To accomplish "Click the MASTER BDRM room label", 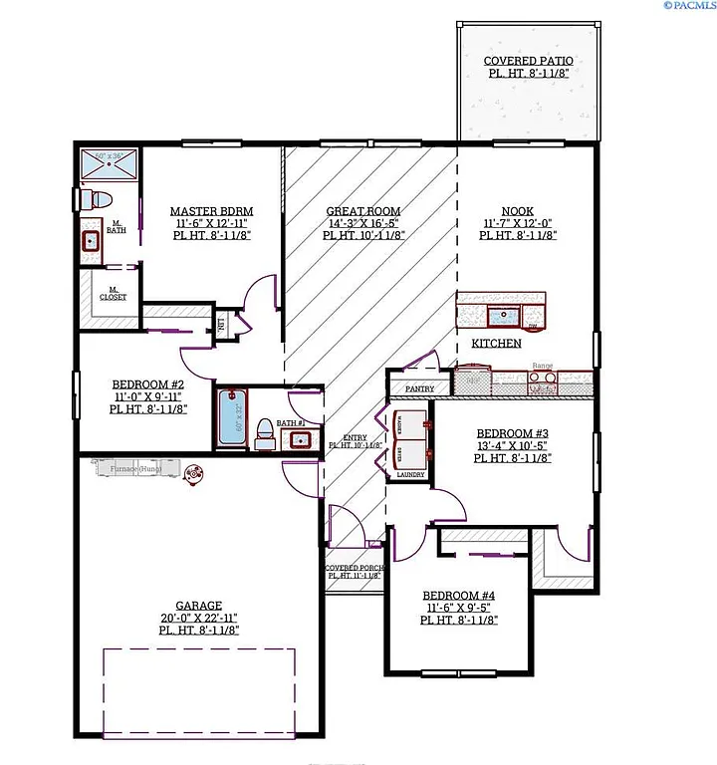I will [x=211, y=211].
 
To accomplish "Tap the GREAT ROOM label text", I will [x=363, y=211].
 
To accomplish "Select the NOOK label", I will [x=517, y=211].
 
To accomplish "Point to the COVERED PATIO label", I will [x=528, y=61].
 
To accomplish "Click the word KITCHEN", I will [x=496, y=343].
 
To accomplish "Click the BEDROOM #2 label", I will [x=148, y=383].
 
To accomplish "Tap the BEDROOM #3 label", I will [x=513, y=433].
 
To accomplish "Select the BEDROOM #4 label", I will [x=460, y=595].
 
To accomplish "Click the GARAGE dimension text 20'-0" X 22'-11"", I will [x=198, y=618].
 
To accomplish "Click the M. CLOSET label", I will [x=112, y=295].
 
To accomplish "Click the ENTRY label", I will [x=355, y=438].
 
